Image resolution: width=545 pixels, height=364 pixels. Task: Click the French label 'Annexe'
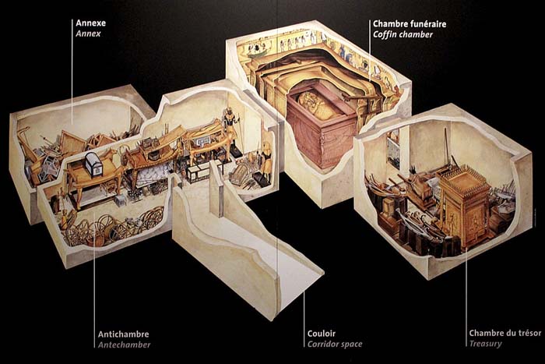point(91,23)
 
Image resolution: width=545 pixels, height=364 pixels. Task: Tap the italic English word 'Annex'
point(88,34)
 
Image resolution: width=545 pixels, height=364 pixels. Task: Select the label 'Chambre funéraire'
point(410,24)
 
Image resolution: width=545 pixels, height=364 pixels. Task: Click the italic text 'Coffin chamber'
point(403,34)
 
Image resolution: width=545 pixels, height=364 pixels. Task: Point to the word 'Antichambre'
point(123,334)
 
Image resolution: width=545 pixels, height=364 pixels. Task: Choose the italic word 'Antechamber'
point(124,345)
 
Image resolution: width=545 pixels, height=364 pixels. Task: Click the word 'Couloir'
point(322,334)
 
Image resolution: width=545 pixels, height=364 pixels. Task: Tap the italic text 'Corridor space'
point(335,345)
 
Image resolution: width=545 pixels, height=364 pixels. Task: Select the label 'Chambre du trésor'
point(505,333)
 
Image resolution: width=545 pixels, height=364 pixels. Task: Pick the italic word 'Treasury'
point(486,344)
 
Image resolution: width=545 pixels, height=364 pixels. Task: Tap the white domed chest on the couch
point(94,163)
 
